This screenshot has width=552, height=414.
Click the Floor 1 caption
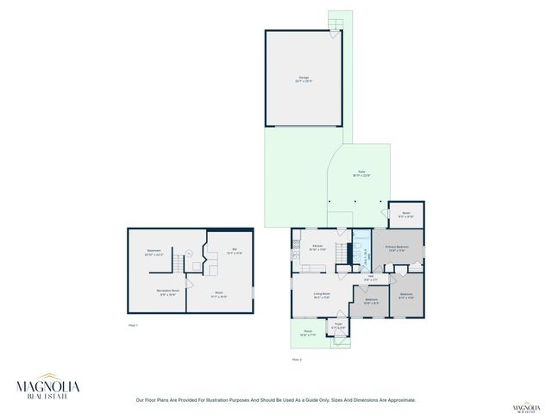133,325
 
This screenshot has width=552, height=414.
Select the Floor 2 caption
297,359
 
